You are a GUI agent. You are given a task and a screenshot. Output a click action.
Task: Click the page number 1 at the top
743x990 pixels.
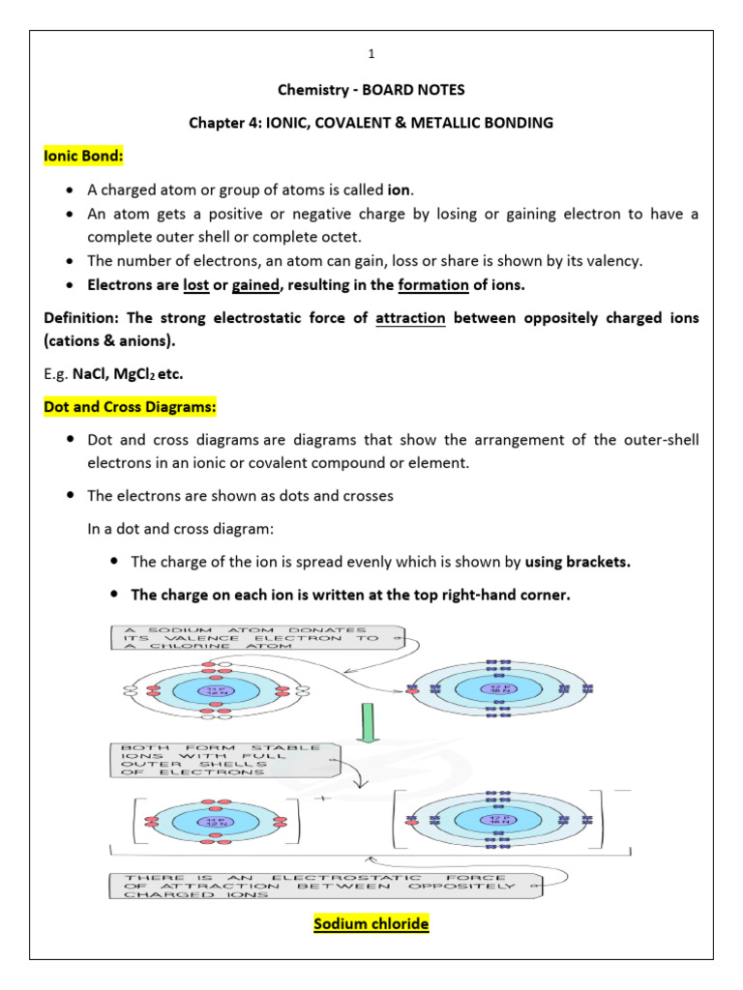pos(371,55)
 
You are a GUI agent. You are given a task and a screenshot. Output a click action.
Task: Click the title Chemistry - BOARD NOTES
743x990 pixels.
pos(371,90)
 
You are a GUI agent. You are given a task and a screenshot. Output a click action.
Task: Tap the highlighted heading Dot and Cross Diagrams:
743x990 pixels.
pos(116,407)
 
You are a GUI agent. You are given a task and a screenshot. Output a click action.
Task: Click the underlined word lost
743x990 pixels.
pos(196,285)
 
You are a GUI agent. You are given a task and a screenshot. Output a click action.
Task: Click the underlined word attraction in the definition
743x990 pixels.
pos(410,318)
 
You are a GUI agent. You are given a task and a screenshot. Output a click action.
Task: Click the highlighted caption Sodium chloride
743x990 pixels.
pos(371,924)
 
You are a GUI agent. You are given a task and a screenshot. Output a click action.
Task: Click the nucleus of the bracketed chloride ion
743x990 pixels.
pos(501,818)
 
